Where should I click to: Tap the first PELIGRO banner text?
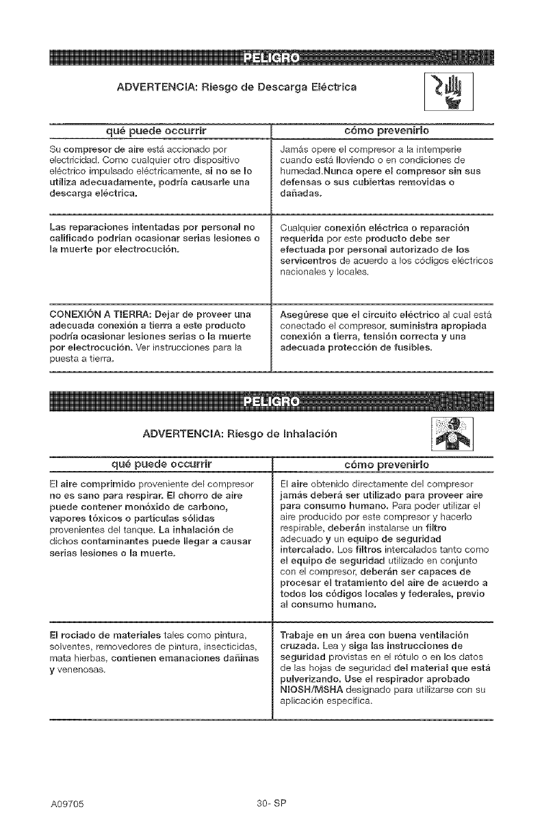pyautogui.click(x=270, y=56)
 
